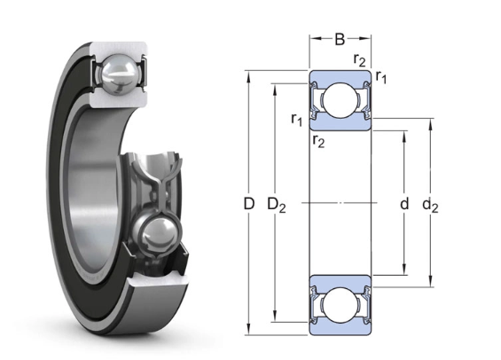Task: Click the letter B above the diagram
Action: click(340, 39)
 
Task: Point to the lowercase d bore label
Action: click(403, 205)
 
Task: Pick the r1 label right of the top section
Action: click(380, 79)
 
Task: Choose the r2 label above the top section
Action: click(359, 60)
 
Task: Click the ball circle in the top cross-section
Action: click(340, 100)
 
